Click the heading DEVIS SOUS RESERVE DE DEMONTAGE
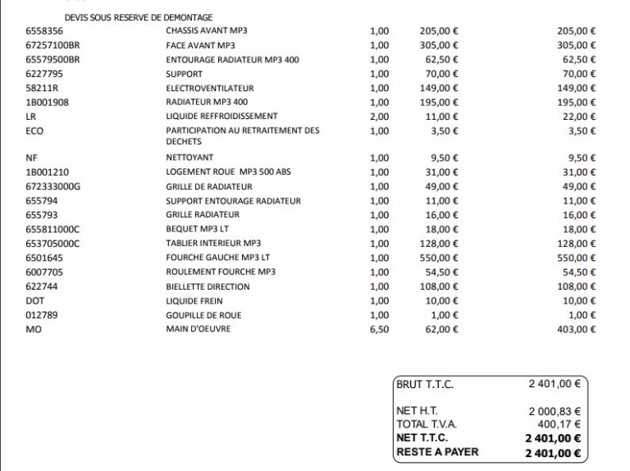point(139,17)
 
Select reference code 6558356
point(44,31)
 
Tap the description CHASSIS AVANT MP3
point(200,31)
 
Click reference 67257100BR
point(52,45)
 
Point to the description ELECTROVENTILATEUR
point(209,88)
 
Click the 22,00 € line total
point(579,117)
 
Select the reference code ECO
point(34,130)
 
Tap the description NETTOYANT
point(189,158)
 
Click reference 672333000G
point(53,186)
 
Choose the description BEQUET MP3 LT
point(195,229)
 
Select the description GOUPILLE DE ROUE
point(203,315)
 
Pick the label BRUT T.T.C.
point(425,384)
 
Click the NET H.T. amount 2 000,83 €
point(555,411)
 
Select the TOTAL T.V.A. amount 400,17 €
point(559,424)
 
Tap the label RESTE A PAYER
point(437,451)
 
